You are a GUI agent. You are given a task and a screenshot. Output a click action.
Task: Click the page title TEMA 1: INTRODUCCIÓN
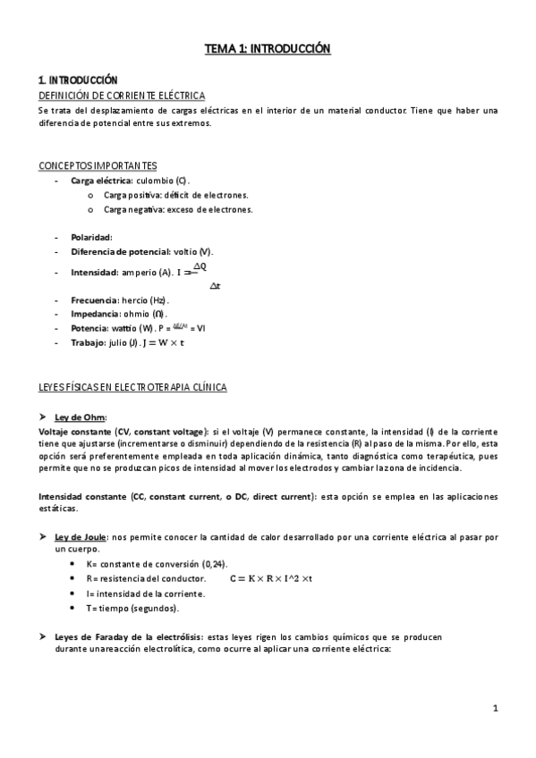[268, 49]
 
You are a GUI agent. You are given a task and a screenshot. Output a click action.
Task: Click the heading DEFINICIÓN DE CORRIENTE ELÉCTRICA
[122, 95]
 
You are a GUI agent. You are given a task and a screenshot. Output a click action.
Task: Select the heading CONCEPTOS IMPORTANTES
[98, 165]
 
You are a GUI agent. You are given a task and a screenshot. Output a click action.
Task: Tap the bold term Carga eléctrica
[100, 181]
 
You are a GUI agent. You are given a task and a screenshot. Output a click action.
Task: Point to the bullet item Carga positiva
[132, 195]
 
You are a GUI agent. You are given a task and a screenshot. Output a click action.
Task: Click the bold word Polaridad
[90, 238]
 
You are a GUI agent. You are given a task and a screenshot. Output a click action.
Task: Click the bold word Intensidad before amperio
[94, 272]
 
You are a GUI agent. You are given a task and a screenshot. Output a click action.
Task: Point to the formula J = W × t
[163, 342]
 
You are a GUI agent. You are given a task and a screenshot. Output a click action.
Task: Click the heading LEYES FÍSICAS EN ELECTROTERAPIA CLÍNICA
[132, 387]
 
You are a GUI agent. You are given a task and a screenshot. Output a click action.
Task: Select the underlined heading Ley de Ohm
[81, 417]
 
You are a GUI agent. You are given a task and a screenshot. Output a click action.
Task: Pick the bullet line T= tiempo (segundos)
[132, 609]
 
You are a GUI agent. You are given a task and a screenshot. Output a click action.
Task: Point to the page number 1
[495, 709]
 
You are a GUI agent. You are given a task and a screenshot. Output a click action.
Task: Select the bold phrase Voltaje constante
[75, 431]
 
